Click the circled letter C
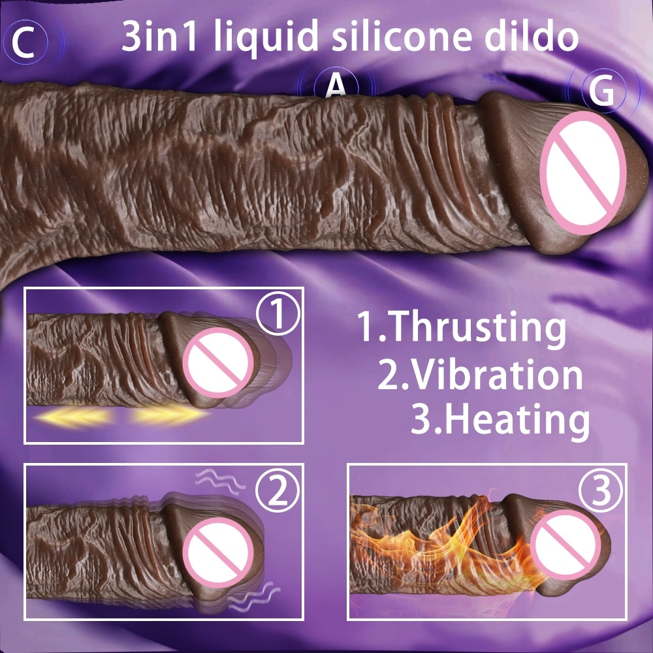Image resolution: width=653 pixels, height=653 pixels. [25, 42]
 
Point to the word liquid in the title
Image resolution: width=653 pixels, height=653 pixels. [266, 37]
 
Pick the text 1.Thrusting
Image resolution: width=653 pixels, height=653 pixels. [462, 327]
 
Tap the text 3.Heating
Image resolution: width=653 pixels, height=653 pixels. [500, 420]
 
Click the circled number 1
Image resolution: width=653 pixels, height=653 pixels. [278, 314]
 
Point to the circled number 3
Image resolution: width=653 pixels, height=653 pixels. [601, 490]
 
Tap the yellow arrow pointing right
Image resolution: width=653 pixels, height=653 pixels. [170, 415]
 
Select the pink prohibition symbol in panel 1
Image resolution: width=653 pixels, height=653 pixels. [220, 362]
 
